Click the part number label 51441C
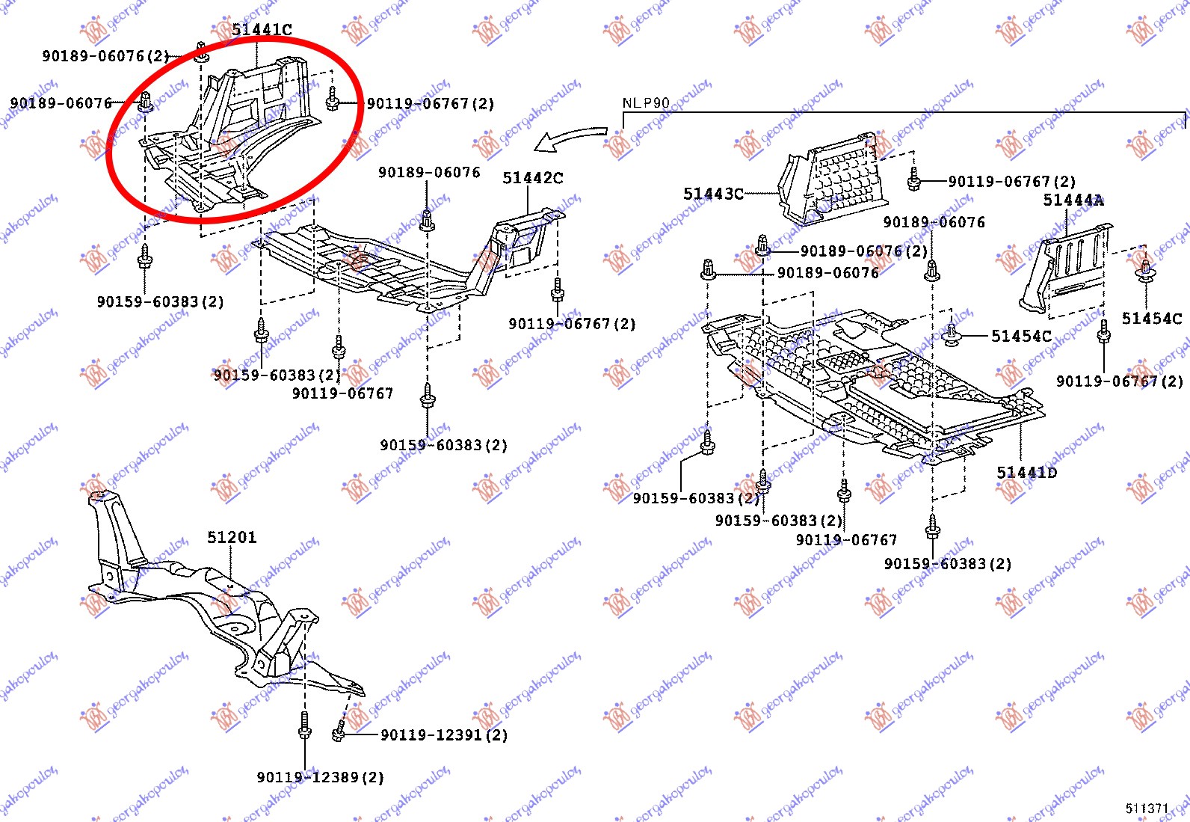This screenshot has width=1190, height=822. tap(262, 30)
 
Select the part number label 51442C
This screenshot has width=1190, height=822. tap(532, 178)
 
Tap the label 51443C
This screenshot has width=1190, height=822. tap(713, 194)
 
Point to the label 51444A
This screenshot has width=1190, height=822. tap(1073, 200)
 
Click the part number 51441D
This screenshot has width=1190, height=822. tap(1027, 473)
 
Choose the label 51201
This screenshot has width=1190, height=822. tap(232, 538)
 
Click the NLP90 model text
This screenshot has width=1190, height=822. tap(646, 103)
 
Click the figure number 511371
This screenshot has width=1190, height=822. tap(1147, 809)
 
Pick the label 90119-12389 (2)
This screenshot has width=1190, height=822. tap(320, 778)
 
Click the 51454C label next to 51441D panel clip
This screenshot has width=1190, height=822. tap(1021, 337)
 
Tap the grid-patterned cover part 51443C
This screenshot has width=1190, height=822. tap(833, 180)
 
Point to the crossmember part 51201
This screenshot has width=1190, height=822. tap(217, 606)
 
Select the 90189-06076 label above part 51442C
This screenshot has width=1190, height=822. tap(429, 173)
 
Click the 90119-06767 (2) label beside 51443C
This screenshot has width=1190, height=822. tap(1011, 182)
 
